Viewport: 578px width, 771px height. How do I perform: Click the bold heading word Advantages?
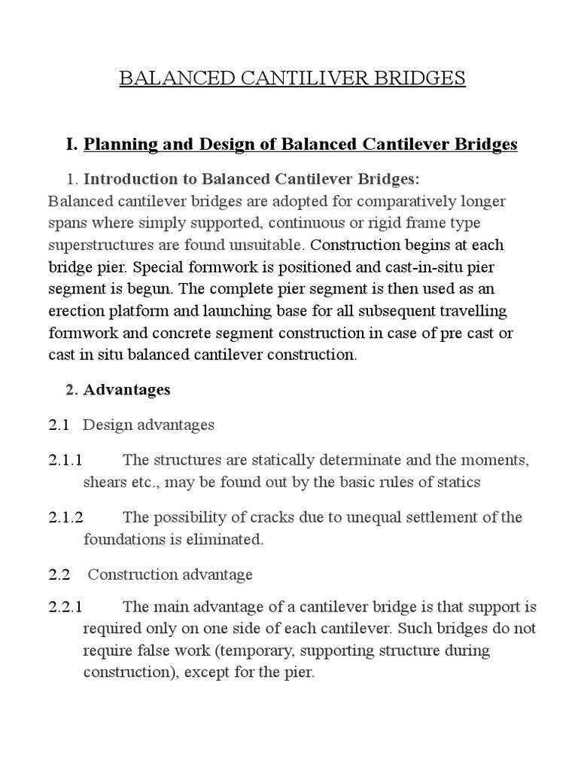click(126, 389)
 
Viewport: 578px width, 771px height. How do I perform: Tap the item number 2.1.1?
click(66, 461)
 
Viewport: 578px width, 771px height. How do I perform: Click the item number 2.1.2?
click(66, 517)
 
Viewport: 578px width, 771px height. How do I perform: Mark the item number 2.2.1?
click(66, 607)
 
